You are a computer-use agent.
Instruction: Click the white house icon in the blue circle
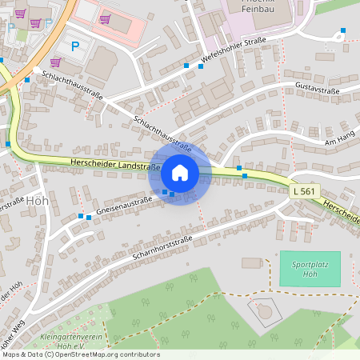tap(180, 172)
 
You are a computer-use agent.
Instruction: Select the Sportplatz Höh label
tap(310, 269)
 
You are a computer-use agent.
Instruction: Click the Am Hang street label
tap(339, 142)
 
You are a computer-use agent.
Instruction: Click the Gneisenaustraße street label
tap(124, 206)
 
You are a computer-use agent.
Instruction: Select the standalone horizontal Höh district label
tap(38, 201)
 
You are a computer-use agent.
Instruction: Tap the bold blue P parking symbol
tap(76, 46)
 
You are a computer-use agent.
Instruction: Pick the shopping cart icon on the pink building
tap(105, 19)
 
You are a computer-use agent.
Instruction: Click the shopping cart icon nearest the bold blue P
tap(55, 62)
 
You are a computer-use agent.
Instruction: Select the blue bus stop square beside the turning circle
tap(342, 31)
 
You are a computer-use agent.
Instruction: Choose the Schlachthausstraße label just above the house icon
tap(163, 134)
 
